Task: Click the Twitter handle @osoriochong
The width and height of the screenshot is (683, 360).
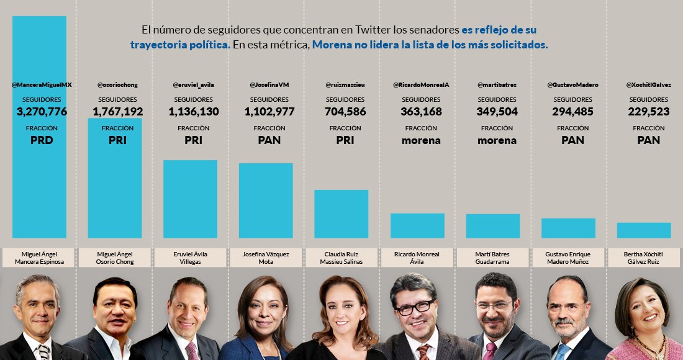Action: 117,84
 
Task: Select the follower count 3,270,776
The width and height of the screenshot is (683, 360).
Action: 42,112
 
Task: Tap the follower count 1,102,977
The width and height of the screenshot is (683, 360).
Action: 269,112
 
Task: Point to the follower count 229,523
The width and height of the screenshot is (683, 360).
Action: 648,112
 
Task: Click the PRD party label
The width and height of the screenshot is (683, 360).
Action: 42,140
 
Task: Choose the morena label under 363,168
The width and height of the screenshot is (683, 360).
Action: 421,140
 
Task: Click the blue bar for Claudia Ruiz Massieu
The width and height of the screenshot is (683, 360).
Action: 341,214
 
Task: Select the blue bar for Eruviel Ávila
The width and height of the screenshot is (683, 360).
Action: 190,199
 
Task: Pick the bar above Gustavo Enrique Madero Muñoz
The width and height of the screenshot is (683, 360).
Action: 568,228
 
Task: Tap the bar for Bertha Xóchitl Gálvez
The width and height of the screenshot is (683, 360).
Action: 644,230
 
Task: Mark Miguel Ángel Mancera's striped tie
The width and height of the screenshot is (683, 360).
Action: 43,351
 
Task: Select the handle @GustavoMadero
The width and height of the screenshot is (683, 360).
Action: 572,84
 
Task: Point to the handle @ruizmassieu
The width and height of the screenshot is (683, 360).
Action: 345,84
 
